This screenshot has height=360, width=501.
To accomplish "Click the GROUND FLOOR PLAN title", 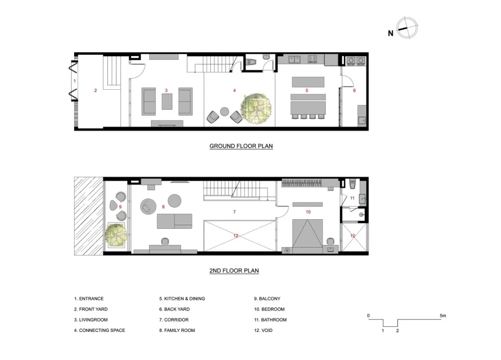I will pos(240,146).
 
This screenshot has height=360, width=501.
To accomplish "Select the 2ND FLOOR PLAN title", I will pos(234,271).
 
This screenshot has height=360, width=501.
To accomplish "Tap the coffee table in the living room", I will pos(167,102).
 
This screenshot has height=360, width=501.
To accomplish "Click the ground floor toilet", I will pos(254,63).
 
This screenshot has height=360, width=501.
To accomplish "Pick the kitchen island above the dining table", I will pos(307,81).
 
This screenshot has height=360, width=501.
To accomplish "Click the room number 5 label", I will pos(307,91).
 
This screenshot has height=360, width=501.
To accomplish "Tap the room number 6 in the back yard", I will pos(354,91).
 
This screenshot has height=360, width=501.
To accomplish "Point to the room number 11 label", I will pos(352,199).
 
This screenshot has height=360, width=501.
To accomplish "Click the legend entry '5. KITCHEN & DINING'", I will pos(182,299).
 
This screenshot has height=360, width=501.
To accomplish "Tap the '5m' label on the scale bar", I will pos(442,315).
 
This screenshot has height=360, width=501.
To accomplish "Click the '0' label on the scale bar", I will pos(368,315).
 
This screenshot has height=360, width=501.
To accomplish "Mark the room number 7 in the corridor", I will pos(234,212).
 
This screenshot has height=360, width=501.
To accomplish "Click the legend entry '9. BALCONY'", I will pos(267,299).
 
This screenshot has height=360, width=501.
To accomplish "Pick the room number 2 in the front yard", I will pos(95,91).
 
